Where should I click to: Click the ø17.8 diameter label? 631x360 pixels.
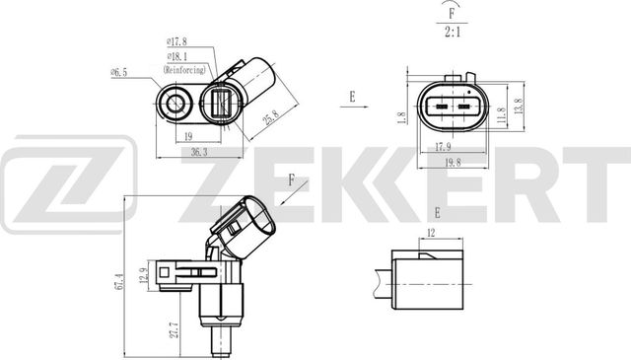coord(177,40)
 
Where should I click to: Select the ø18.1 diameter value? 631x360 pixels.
coord(177,56)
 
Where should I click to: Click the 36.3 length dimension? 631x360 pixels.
coord(199,152)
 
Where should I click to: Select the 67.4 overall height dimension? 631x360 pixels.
coord(119,282)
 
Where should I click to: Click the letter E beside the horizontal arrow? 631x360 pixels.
coord(351,97)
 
